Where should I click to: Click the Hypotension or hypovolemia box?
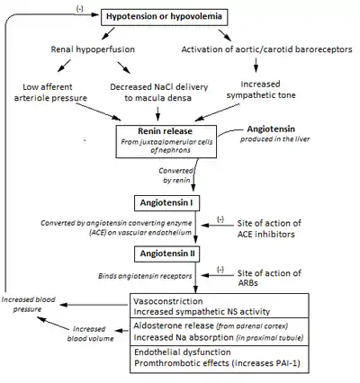(x=164, y=17)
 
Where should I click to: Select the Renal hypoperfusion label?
(x=93, y=49)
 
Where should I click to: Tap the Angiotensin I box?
(x=166, y=203)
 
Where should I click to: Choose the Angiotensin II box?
(x=166, y=254)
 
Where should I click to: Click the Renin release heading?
(x=166, y=131)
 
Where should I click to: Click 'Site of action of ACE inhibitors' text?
(x=269, y=228)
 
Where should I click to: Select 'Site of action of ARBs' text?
(x=269, y=278)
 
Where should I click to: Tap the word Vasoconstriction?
(x=168, y=301)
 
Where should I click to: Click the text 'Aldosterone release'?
(x=174, y=325)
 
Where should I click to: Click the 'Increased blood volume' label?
(x=90, y=334)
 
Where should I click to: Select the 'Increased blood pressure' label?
(x=29, y=305)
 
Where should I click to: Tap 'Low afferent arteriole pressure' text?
(x=50, y=93)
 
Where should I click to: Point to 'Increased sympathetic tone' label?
(x=261, y=90)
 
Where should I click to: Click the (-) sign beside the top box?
(x=80, y=9)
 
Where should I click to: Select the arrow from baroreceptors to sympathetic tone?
(x=256, y=66)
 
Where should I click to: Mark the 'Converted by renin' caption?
(x=176, y=175)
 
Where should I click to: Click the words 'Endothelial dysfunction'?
(x=183, y=352)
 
